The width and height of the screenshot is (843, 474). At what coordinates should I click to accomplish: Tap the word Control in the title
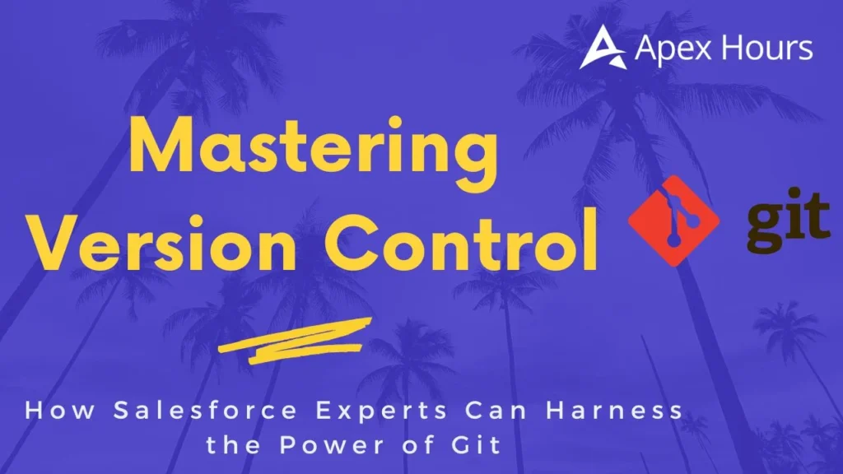click(461, 241)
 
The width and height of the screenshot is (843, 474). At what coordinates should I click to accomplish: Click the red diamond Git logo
click(674, 221)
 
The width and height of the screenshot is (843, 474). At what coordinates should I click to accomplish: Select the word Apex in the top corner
click(674, 49)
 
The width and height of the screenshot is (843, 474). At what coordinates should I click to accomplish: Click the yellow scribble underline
click(296, 341)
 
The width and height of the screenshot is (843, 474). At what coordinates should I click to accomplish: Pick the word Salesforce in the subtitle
click(205, 411)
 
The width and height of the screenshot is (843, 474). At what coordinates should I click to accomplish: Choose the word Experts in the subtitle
click(381, 411)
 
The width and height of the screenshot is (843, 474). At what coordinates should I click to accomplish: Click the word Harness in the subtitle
click(614, 411)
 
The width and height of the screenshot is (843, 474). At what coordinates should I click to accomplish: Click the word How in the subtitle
click(60, 411)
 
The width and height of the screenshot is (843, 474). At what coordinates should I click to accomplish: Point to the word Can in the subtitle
click(496, 411)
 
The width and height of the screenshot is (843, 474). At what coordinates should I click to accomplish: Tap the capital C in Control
click(348, 241)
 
